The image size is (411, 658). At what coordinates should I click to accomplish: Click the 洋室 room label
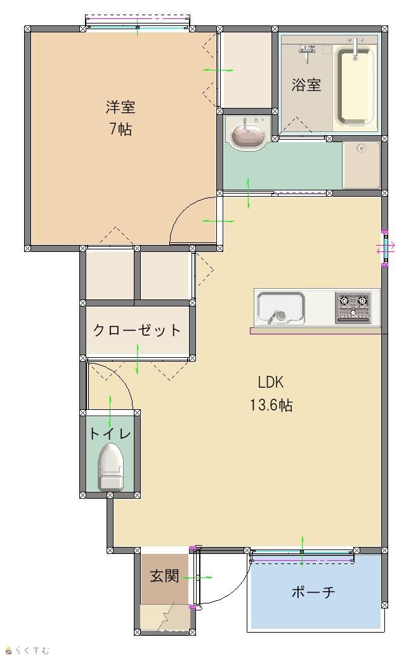(121, 107)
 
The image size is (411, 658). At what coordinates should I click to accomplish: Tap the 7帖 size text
(121, 129)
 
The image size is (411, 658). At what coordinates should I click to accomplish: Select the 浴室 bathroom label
(306, 85)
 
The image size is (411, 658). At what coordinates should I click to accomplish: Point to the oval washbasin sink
(248, 133)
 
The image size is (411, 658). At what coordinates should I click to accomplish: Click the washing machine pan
(361, 165)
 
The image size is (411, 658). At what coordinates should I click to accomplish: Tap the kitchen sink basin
(280, 308)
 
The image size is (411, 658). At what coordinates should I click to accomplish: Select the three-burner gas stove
(353, 308)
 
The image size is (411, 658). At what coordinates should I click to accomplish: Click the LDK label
(271, 382)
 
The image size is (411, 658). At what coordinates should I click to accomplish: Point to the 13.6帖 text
(271, 405)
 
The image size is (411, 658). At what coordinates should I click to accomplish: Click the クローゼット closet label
(137, 330)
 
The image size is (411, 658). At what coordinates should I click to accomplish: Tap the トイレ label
(110, 433)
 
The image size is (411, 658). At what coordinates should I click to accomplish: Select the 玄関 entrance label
(164, 576)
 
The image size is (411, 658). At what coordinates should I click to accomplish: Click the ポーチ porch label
(313, 592)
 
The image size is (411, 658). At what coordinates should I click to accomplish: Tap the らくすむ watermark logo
(27, 650)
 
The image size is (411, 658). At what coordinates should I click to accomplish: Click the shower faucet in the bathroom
(307, 52)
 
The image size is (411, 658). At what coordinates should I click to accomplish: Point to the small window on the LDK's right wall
(384, 248)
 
